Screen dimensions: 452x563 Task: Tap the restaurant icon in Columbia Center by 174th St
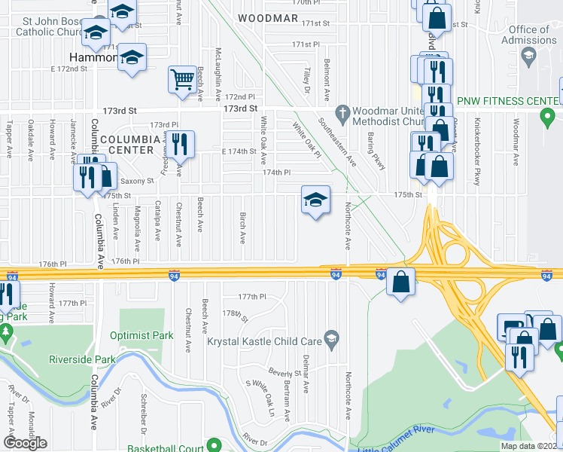pyautogui.click(x=179, y=143)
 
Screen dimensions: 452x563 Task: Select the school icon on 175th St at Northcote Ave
pyautogui.click(x=316, y=200)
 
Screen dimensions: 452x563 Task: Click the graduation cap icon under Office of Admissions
pyautogui.click(x=529, y=55)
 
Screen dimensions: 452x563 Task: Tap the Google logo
pyautogui.click(x=25, y=443)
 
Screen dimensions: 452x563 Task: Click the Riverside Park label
pyautogui.click(x=82, y=359)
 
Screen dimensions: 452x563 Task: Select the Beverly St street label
pyautogui.click(x=285, y=373)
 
